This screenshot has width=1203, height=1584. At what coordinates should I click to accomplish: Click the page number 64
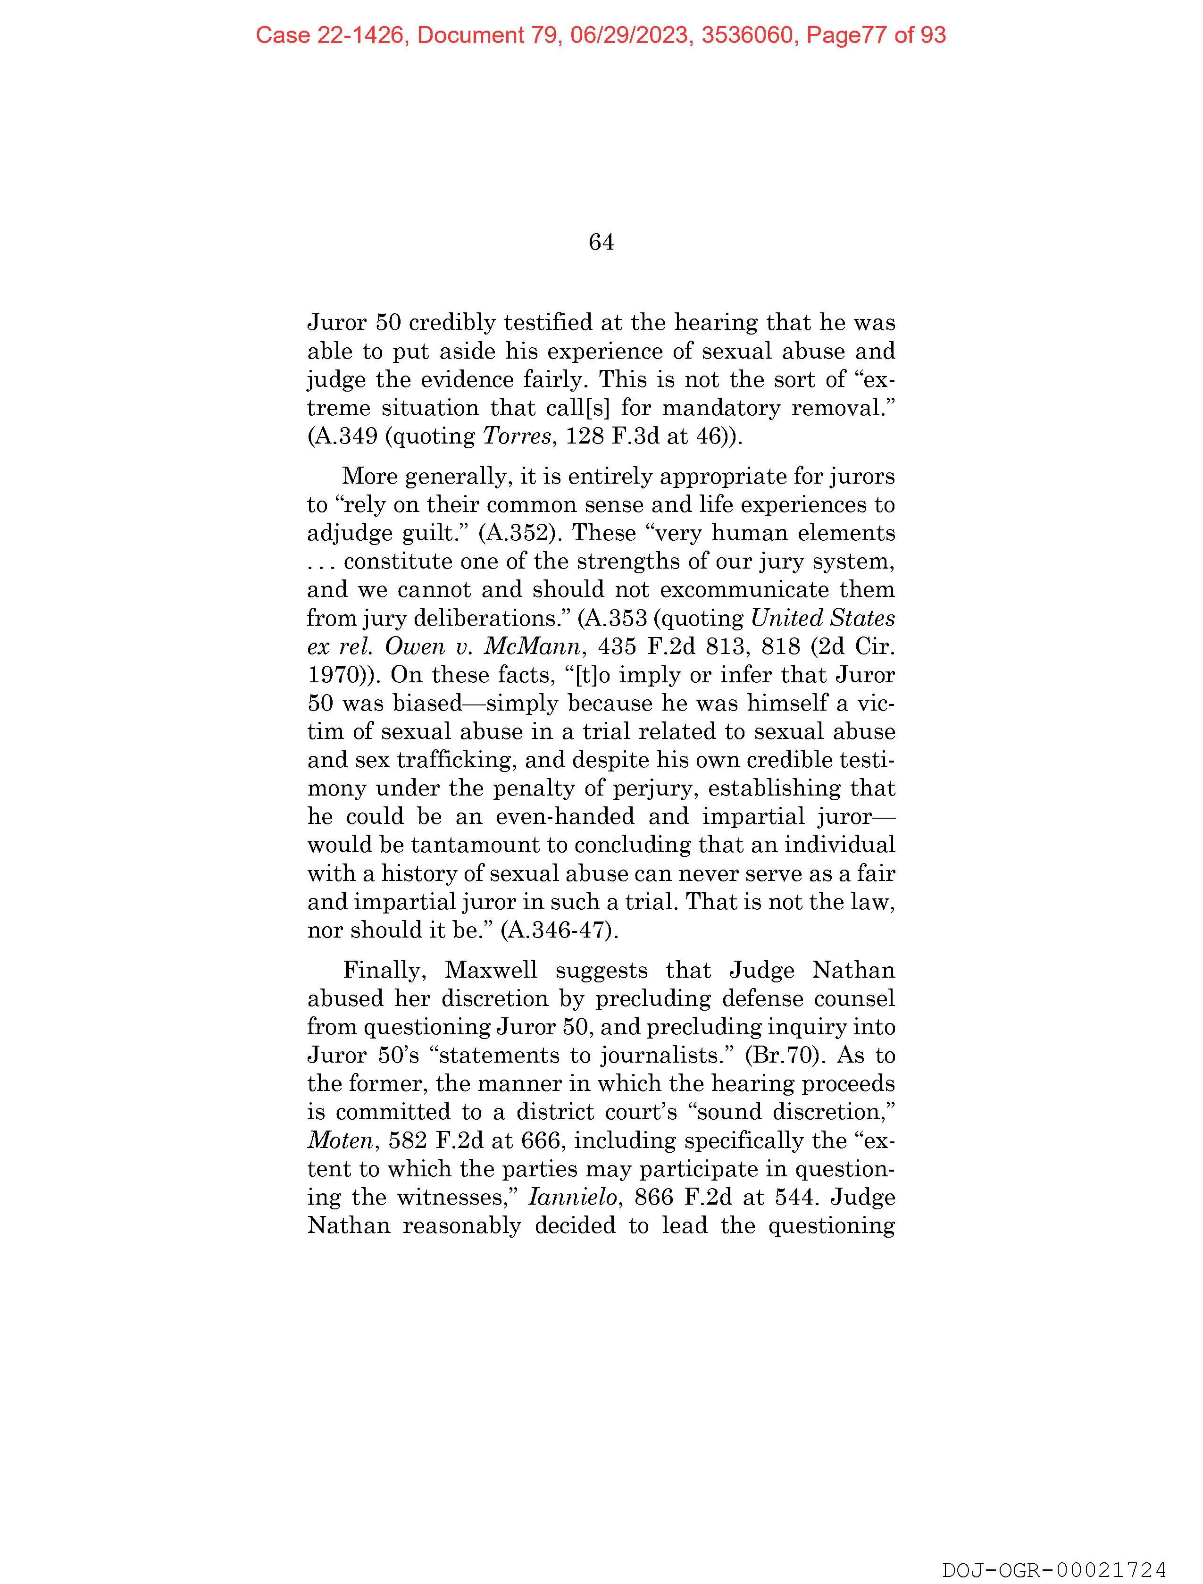pos(601,243)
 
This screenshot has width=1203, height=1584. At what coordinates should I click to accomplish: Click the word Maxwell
pos(491,970)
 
